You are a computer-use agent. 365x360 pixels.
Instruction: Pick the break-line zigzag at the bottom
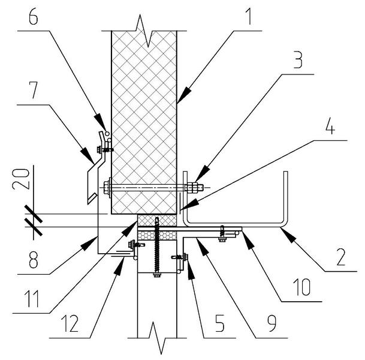pyautogui.click(x=155, y=336)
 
